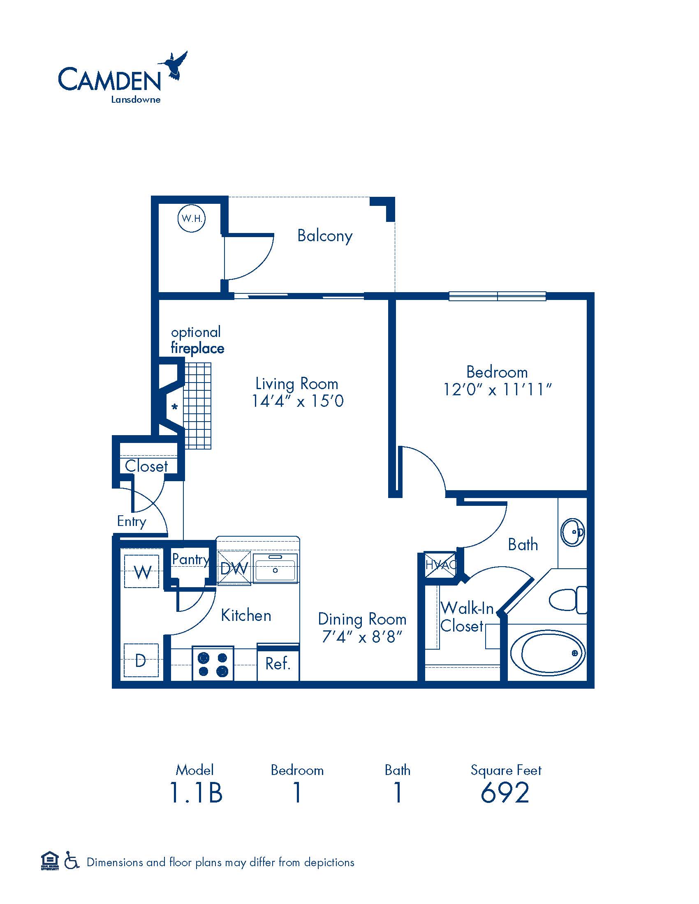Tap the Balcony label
pos(325,236)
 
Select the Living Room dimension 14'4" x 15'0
pos(298,401)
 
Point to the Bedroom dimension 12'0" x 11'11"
pos(498,390)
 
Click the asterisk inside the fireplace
pos(175,407)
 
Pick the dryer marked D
pos(141,660)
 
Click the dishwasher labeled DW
pos(234,568)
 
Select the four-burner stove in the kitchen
pos(213,664)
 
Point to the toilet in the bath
pos(568,600)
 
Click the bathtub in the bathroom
pos(547,653)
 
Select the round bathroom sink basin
pos(572,532)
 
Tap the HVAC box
pos(441,565)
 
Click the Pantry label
pos(190,560)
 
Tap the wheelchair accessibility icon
pos(72,862)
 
